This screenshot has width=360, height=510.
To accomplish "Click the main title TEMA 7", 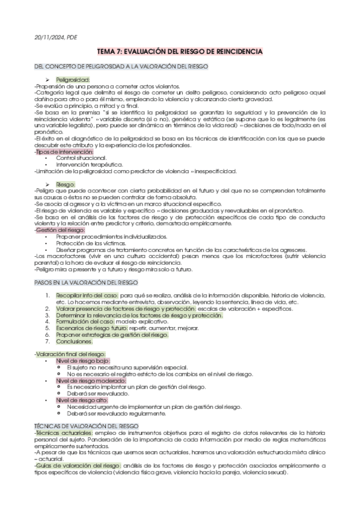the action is (180, 52).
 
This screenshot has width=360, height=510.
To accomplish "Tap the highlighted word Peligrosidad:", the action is (73, 79).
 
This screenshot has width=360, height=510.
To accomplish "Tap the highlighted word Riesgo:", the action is (66, 184).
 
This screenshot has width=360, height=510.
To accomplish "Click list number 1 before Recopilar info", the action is (48, 296).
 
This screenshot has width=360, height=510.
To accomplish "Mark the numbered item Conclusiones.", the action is (76, 341).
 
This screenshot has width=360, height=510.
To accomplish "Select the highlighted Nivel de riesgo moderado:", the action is (87, 381).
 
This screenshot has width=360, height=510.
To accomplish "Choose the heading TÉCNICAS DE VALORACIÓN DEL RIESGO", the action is (87, 426).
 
